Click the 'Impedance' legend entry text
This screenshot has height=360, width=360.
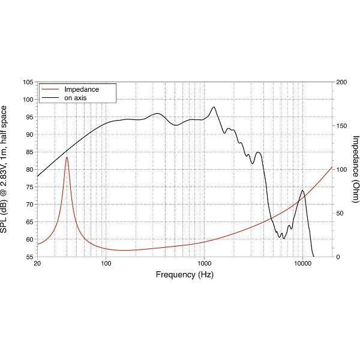pyautogui.click(x=81, y=89)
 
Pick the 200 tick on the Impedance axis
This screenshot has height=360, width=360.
pyautogui.click(x=341, y=82)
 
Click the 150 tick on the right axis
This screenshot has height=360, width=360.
pyautogui.click(x=341, y=126)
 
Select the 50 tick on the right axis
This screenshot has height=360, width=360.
pyautogui.click(x=340, y=213)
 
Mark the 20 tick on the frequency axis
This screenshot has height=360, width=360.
pyautogui.click(x=37, y=263)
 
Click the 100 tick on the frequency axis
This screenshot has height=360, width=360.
pyautogui.click(x=106, y=263)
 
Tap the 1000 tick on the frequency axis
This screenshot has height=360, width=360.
pyautogui.click(x=205, y=263)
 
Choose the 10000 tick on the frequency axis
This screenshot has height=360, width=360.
pyautogui.click(x=303, y=263)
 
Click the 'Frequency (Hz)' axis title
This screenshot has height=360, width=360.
pyautogui.click(x=184, y=275)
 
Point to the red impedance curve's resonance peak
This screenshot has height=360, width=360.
pyautogui.click(x=67, y=157)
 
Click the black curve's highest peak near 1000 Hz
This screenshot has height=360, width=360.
pyautogui.click(x=214, y=107)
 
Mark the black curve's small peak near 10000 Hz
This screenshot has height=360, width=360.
pyautogui.click(x=302, y=191)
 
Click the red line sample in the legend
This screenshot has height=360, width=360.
pyautogui.click(x=50, y=89)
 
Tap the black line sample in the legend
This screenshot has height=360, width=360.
pyautogui.click(x=50, y=97)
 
